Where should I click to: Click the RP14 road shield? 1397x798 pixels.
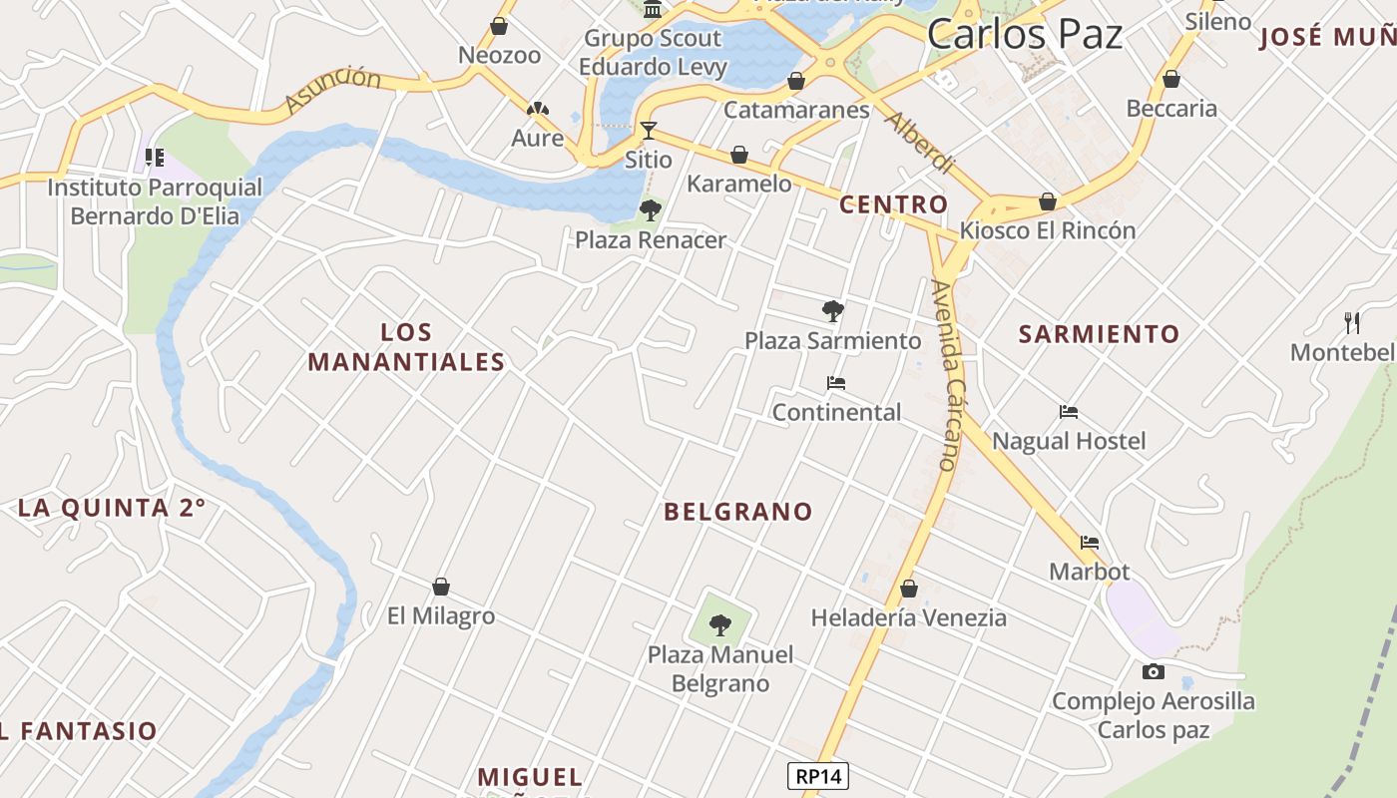[x=817, y=776]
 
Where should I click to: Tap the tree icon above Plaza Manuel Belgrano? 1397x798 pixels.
[x=719, y=625]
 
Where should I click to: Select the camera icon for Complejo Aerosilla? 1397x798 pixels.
[x=1153, y=671]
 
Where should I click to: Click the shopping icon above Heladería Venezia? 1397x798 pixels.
[x=908, y=589]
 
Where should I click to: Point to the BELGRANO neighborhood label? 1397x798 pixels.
[x=738, y=512]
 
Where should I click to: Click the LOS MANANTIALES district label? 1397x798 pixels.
[x=407, y=347]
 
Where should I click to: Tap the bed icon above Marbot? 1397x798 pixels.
[x=1090, y=543]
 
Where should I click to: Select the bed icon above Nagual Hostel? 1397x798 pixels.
[x=1069, y=411]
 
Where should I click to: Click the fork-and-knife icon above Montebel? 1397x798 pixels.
[x=1352, y=322]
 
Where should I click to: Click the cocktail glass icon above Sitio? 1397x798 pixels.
[x=649, y=130]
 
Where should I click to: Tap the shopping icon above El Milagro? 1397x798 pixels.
[x=441, y=587]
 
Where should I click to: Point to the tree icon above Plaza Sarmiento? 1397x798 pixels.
[x=832, y=310]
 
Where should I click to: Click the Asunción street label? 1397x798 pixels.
[x=332, y=90]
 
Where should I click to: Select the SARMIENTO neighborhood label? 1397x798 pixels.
[x=1099, y=334]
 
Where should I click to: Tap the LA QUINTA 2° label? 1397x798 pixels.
[x=112, y=508]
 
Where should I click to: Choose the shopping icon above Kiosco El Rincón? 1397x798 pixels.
[x=1048, y=201]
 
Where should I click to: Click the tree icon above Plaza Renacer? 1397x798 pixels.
[x=651, y=209]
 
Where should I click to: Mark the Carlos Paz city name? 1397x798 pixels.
[x=1025, y=35]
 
